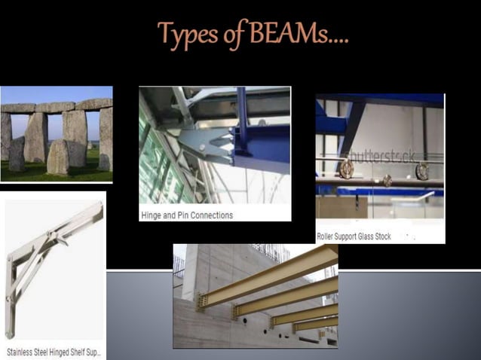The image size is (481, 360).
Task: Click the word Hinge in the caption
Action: tap(152, 215)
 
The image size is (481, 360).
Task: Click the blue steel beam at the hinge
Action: tap(260, 143)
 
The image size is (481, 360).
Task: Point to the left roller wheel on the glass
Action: tap(346, 169)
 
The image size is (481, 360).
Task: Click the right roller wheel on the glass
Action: tap(422, 171)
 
